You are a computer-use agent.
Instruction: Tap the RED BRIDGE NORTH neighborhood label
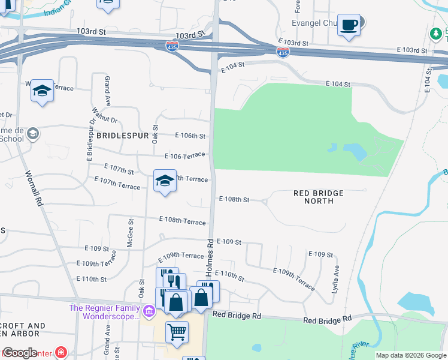pos(319,197)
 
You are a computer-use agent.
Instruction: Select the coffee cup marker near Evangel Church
pos(349,25)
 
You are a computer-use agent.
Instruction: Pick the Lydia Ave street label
pos(336,279)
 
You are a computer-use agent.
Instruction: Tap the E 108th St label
pos(234,199)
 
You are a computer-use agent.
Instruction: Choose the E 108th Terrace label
pos(182,221)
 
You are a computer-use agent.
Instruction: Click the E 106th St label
pos(190,136)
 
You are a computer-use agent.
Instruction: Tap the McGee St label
pos(131,231)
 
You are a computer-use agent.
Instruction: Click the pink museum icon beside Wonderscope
pos(150,311)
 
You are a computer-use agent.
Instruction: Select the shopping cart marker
pos(177,331)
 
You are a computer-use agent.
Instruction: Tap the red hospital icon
pos(60,352)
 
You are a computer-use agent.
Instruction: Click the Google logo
pos(20,353)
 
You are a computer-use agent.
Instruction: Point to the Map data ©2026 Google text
pos(410,355)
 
